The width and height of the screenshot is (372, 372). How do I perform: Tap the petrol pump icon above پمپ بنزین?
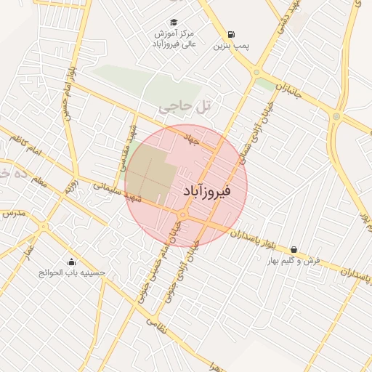tap(231, 34)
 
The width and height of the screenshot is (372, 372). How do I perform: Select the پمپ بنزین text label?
tap(231, 46)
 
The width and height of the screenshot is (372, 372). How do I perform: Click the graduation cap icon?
tap(173, 22)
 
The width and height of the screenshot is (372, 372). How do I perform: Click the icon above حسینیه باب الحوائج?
tap(71, 262)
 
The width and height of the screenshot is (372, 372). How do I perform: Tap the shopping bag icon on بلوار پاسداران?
tap(294, 249)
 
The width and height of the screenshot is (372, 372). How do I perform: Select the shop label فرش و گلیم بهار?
tap(294, 260)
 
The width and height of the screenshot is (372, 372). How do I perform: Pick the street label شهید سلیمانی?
tap(116, 190)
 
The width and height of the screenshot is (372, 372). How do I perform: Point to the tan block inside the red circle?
tap(150, 174)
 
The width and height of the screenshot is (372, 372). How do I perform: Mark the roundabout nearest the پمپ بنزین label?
tap(256, 71)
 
